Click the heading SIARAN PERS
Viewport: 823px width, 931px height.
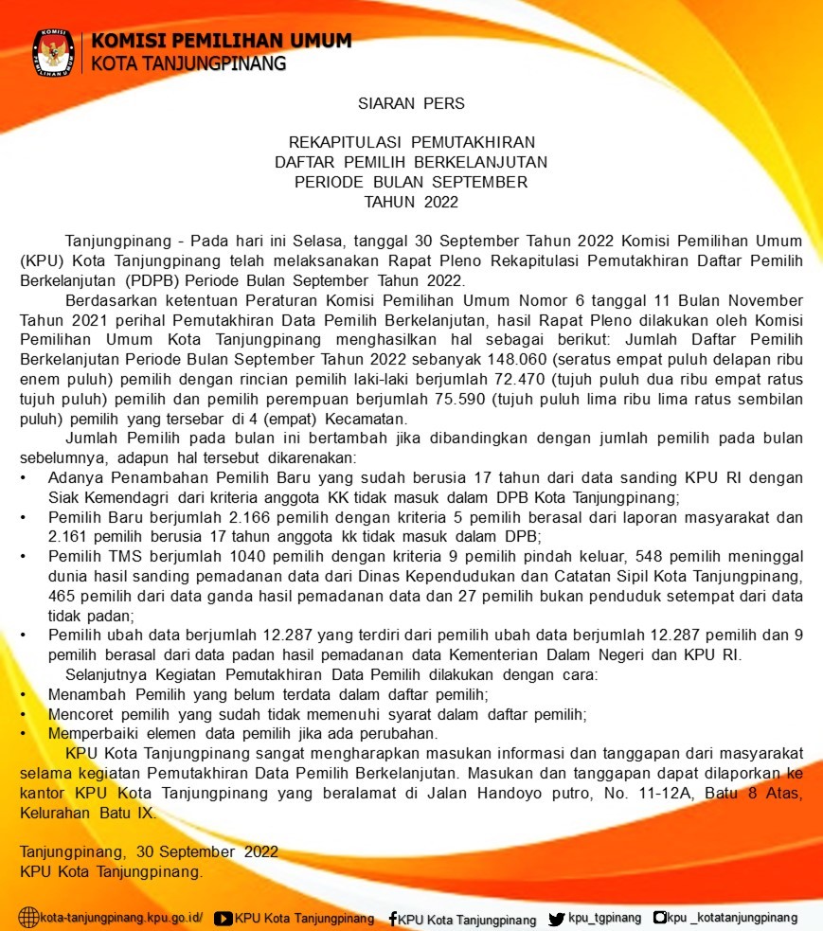tap(411, 102)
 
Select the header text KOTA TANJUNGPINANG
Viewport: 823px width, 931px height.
tap(188, 64)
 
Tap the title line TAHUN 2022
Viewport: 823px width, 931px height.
tap(411, 202)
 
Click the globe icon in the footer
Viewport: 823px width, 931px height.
tap(29, 918)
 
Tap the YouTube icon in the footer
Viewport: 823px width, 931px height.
tap(224, 918)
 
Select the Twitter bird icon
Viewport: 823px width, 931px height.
tap(557, 918)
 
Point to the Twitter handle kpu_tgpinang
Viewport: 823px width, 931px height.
tap(604, 918)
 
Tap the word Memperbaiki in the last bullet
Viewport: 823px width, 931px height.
tap(91, 733)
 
